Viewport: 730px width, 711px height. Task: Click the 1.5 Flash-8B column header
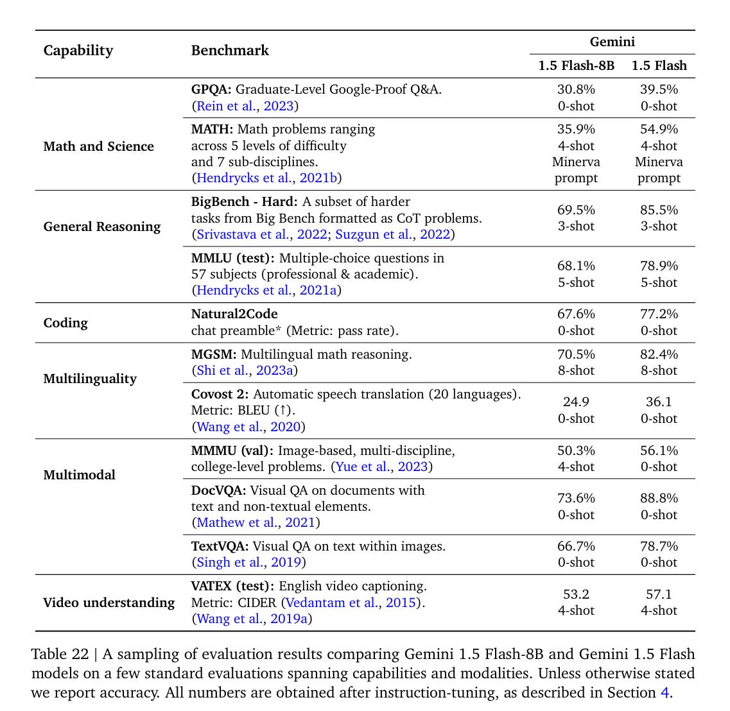(x=575, y=65)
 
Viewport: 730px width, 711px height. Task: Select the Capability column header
(x=78, y=51)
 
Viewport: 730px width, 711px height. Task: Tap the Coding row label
(x=65, y=323)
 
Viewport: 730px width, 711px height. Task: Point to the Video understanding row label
(x=109, y=603)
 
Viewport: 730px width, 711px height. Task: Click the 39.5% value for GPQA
(x=658, y=90)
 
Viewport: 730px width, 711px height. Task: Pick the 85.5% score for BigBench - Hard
(x=658, y=210)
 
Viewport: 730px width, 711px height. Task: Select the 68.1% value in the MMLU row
(x=575, y=266)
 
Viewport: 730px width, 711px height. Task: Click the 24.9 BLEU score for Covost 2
(x=575, y=402)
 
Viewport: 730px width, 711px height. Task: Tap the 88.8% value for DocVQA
(x=658, y=498)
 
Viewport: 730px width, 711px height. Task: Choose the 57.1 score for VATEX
(x=658, y=594)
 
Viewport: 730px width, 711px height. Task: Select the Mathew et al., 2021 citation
(x=256, y=522)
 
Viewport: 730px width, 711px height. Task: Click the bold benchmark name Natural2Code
(x=234, y=314)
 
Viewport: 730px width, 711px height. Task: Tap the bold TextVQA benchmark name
(x=220, y=546)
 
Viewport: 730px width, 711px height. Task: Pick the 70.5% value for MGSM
(x=575, y=354)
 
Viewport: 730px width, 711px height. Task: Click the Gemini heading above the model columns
(x=612, y=42)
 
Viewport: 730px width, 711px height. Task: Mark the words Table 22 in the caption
(x=60, y=655)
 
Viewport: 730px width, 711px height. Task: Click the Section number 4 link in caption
(x=664, y=693)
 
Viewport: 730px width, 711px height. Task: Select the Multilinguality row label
(x=89, y=379)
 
